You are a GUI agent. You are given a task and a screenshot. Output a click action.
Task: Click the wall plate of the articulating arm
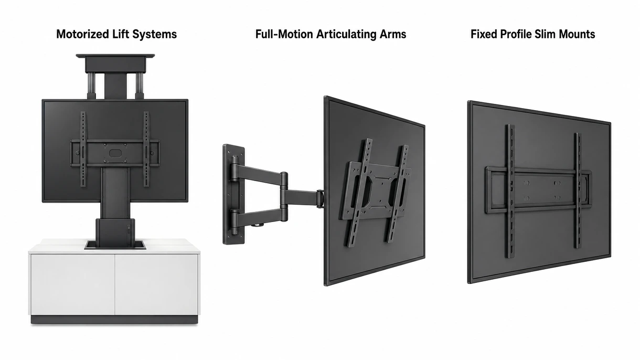233,194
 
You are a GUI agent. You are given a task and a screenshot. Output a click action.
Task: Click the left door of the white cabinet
73,284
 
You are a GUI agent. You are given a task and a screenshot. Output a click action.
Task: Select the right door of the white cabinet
156,284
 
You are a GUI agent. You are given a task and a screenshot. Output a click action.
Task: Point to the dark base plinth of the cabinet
114,320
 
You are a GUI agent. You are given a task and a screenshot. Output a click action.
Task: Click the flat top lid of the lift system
115,56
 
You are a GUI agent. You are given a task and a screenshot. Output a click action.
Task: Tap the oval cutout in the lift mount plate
115,153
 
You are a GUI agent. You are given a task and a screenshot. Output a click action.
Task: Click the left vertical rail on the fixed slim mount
510,191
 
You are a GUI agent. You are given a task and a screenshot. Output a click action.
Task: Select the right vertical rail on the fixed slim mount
578,190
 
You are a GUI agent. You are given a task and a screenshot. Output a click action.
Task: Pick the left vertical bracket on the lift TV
83,149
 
